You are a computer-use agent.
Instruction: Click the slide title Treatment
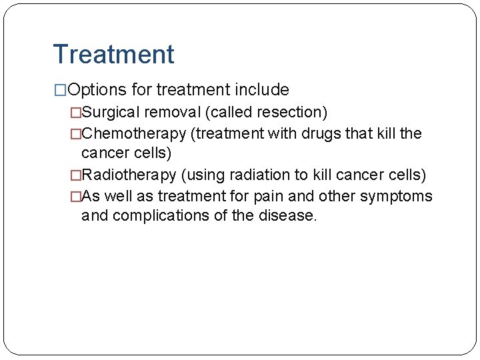click(x=113, y=54)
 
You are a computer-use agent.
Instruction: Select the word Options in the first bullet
click(x=96, y=90)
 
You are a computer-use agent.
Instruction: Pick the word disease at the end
click(x=290, y=215)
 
